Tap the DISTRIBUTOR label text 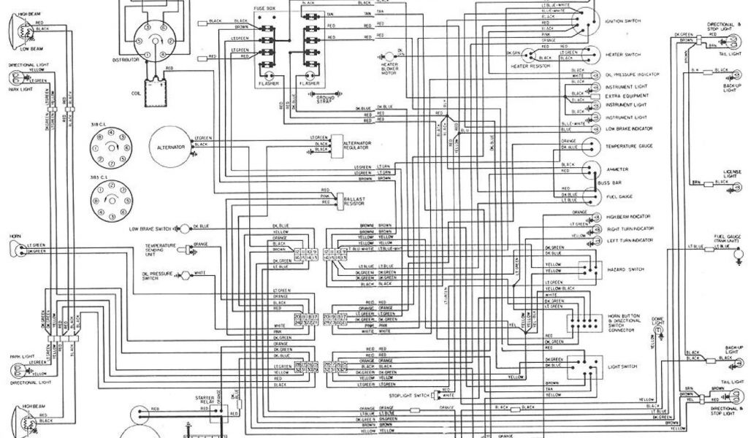pos(125,60)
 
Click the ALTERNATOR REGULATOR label pos(359,143)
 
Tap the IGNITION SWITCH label pos(622,21)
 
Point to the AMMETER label pos(617,169)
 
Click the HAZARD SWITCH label pos(626,269)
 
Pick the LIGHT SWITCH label pos(622,366)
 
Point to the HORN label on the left pos(14,237)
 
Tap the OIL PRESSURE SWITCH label pos(154,275)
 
